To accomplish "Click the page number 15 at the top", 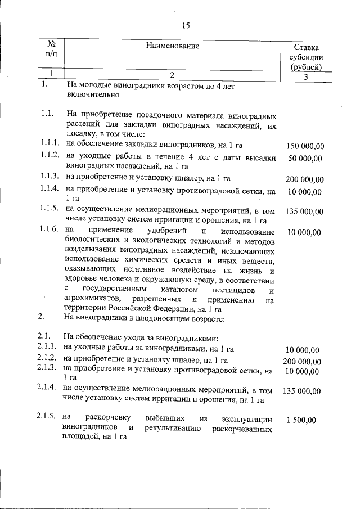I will [x=187, y=25].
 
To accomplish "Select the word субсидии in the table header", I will [x=306, y=57].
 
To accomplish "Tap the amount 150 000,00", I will [x=305, y=147].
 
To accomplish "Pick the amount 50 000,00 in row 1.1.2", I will [x=305, y=159].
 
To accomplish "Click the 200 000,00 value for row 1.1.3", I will [x=305, y=179].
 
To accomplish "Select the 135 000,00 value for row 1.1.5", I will [x=305, y=211].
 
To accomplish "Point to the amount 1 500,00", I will [x=301, y=420].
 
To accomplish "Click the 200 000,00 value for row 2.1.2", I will [x=302, y=361].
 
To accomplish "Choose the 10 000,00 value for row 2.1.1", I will [x=303, y=349].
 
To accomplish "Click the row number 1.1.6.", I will [x=49, y=229].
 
